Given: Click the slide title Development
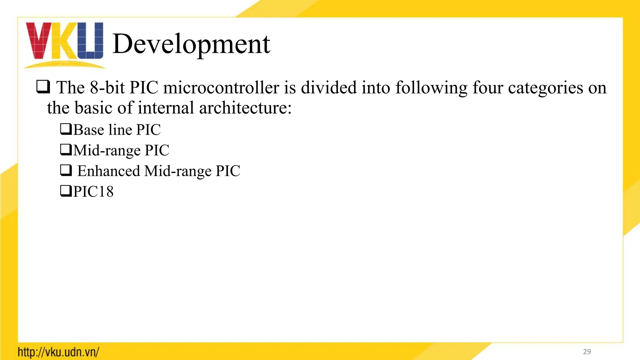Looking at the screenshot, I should click(x=191, y=44).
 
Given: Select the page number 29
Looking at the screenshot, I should click(x=587, y=352).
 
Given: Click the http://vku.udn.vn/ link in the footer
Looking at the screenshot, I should click(x=58, y=352).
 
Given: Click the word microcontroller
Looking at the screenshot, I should click(x=221, y=88).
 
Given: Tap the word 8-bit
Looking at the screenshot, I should click(x=107, y=88).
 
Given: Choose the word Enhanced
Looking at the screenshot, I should click(x=108, y=171).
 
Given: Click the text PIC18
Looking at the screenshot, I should click(x=93, y=192).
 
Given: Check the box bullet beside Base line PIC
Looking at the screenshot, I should click(x=66, y=129).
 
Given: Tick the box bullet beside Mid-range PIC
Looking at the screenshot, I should click(x=66, y=150).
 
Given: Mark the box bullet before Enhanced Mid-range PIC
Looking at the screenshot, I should click(x=66, y=170).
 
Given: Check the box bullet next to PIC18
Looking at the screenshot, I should click(x=66, y=191).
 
